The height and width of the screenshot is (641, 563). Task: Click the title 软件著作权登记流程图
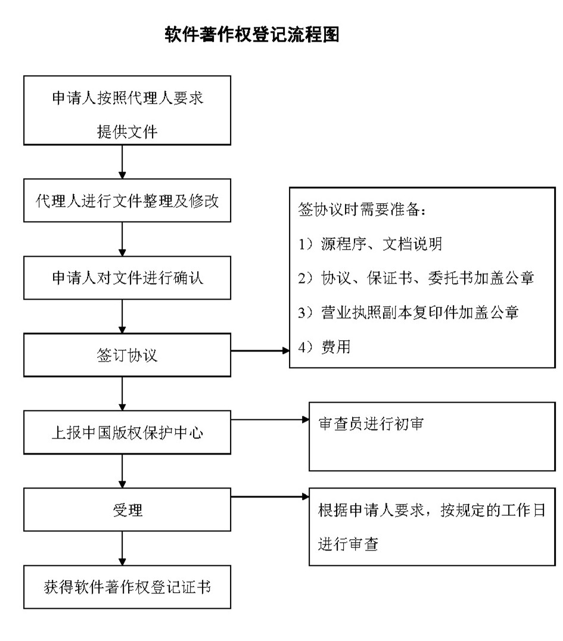click(251, 34)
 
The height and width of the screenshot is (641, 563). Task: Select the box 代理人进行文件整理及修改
click(127, 201)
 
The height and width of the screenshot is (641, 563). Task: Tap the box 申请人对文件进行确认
click(127, 278)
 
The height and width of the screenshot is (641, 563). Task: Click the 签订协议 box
click(127, 355)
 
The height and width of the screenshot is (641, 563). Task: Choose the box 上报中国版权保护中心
click(127, 432)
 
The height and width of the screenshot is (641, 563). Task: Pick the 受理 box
click(127, 510)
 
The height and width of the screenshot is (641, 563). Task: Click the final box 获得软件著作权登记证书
click(127, 587)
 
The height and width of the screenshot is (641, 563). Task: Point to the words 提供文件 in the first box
click(127, 131)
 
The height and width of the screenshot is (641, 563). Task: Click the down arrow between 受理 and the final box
click(122, 548)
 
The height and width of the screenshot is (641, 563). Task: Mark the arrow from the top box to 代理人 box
click(122, 161)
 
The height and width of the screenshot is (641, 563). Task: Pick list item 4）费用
click(325, 347)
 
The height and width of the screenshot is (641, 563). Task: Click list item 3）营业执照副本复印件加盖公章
click(408, 312)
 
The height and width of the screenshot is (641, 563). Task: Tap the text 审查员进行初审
click(371, 424)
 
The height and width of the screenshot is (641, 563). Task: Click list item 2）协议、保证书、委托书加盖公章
click(416, 278)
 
